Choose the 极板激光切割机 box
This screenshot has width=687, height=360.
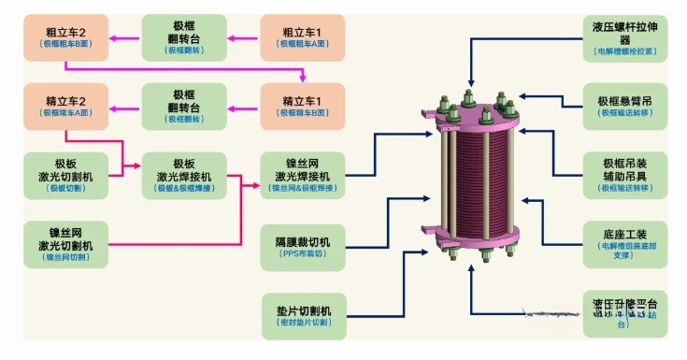64,174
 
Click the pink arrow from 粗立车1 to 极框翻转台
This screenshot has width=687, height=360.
242,37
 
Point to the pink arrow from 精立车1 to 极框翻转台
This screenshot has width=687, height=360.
242,106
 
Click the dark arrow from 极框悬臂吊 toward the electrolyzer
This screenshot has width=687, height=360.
551,94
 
